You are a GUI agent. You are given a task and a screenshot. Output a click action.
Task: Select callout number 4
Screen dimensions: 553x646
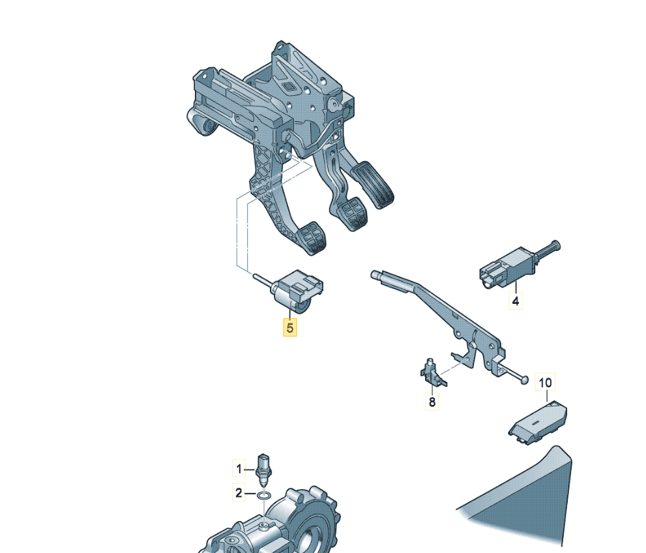click(x=516, y=301)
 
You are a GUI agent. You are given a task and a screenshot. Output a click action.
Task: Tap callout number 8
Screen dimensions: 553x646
click(x=432, y=402)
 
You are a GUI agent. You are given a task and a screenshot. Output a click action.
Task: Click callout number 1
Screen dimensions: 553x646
click(x=239, y=469)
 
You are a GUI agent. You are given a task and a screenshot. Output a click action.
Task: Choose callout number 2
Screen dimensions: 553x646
click(x=239, y=493)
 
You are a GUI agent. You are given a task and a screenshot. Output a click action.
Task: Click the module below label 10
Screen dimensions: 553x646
click(x=538, y=423)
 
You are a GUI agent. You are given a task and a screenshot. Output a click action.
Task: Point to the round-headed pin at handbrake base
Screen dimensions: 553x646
click(x=523, y=380)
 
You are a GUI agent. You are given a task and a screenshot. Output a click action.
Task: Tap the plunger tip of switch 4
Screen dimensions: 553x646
click(x=560, y=245)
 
